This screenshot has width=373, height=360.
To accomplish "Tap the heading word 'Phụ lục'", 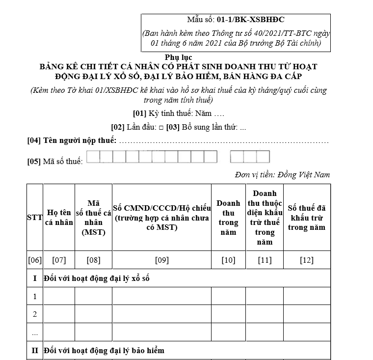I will pyautogui.click(x=179, y=57).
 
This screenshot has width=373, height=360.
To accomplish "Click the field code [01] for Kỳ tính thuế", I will pyautogui.click(x=140, y=113).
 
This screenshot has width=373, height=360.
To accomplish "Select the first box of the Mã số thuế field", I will pyautogui.click(x=93, y=157).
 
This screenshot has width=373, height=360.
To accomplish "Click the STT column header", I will pyautogui.click(x=35, y=217).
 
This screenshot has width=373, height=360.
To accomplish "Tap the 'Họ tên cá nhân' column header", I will pyautogui.click(x=59, y=217).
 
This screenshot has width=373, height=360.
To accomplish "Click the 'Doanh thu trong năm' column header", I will pyautogui.click(x=228, y=217).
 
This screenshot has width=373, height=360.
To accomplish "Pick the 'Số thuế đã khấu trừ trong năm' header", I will pyautogui.click(x=307, y=217).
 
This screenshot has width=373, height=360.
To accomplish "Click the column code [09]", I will pyautogui.click(x=161, y=260).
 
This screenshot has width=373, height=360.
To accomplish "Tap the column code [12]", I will pyautogui.click(x=307, y=260).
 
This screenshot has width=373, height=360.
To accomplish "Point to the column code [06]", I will pyautogui.click(x=35, y=260).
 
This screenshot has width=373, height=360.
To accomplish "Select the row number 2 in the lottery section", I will pyautogui.click(x=35, y=314).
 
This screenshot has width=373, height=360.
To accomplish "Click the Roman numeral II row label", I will pyautogui.click(x=35, y=351).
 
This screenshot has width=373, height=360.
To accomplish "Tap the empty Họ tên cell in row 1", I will pyautogui.click(x=59, y=296).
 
